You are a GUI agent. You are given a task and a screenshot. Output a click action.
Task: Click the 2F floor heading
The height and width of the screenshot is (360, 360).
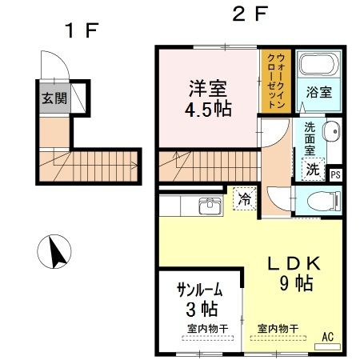point(250,14)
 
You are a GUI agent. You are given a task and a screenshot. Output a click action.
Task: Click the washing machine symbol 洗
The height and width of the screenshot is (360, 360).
point(313,169)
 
